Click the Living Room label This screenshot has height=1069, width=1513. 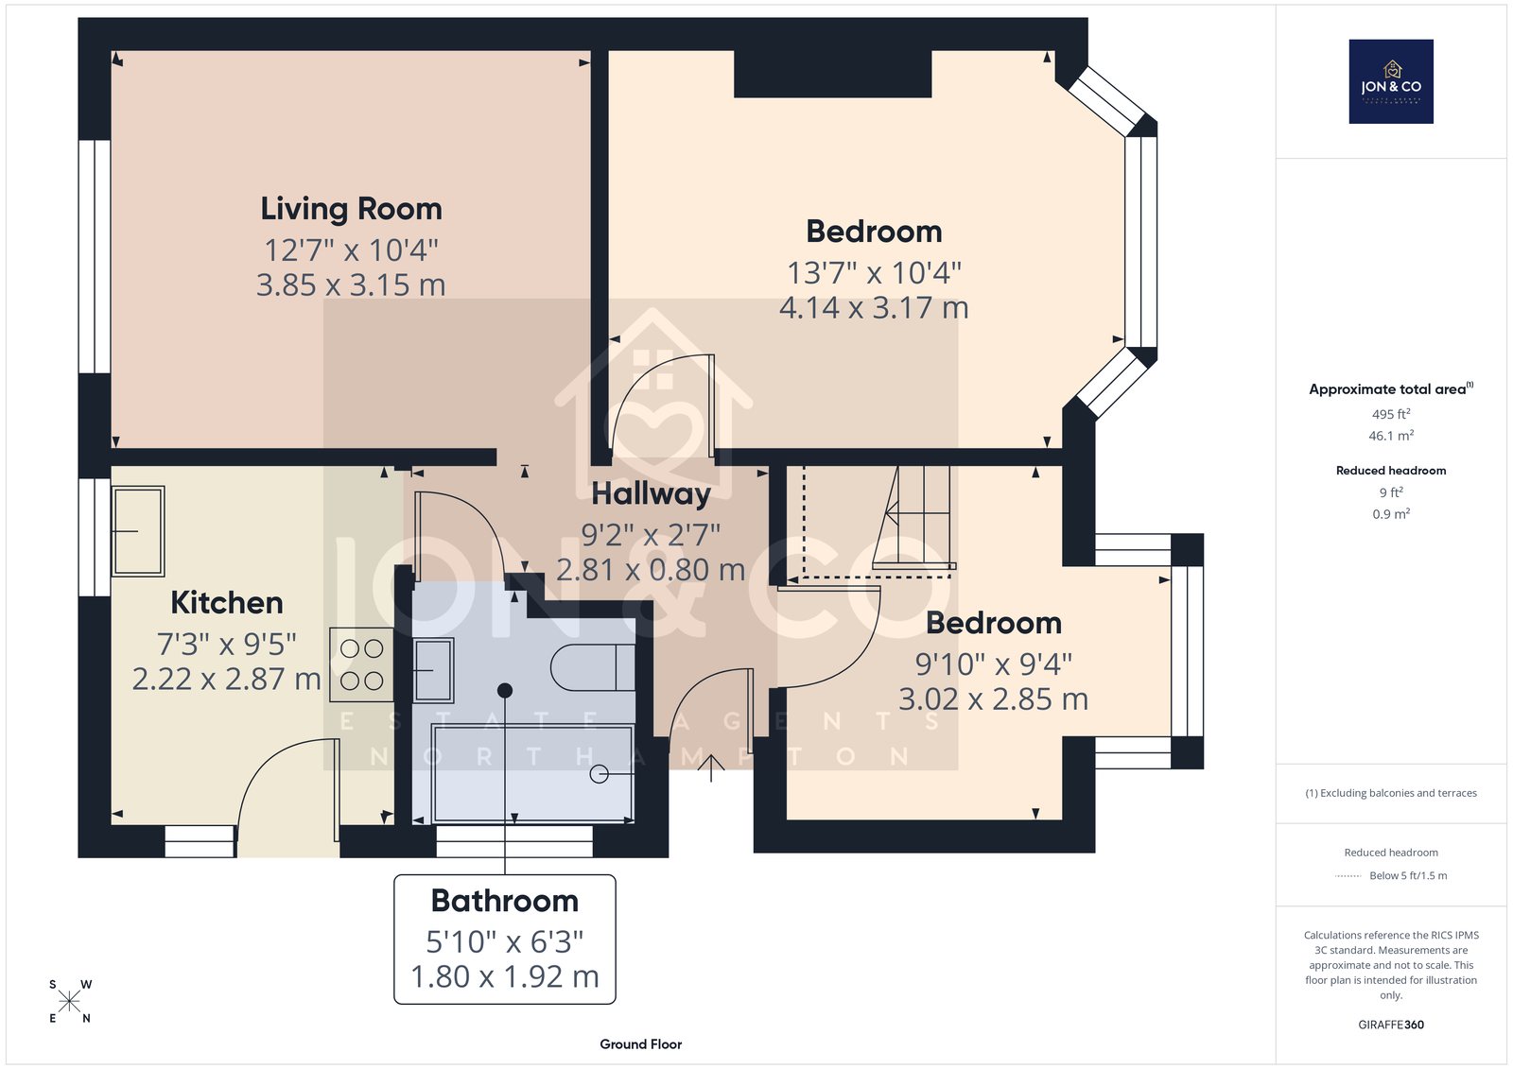coord(351,209)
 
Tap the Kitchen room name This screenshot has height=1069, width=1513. coord(226,603)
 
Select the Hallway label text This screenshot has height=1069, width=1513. coord(652,494)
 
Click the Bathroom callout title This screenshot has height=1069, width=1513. coord(505,901)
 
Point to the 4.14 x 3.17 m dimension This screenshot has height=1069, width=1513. coord(874,308)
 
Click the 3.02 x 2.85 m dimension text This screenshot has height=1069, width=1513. coord(993,698)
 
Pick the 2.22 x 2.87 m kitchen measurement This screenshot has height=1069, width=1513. coord(226,680)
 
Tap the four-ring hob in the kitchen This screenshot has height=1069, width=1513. coord(361,665)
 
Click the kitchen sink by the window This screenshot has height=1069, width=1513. coord(138,531)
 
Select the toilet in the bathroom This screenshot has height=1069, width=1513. coord(592,667)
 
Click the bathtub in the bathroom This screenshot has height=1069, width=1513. coord(533,773)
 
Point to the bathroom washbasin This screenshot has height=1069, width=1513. coord(433,670)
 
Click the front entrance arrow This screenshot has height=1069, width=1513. coord(710,768)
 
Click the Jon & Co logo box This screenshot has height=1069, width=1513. coord(1391,81)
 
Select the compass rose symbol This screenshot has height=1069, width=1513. coord(70,1001)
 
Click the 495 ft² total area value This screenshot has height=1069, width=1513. coord(1391,414)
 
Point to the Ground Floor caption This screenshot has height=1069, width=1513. coord(640,1044)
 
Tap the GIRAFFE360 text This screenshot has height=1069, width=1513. coord(1391,1025)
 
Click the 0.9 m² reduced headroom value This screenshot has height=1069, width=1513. coord(1391,514)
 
